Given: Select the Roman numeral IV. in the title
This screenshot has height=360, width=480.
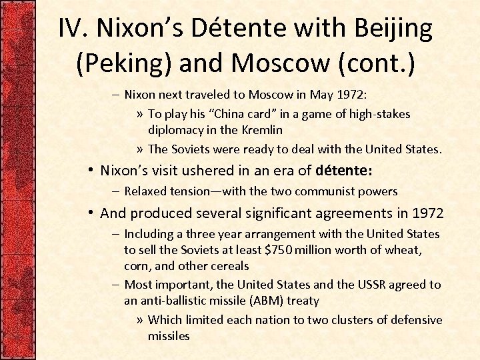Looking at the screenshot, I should pos(75,28).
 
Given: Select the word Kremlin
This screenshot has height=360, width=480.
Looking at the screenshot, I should pos(262,130).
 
